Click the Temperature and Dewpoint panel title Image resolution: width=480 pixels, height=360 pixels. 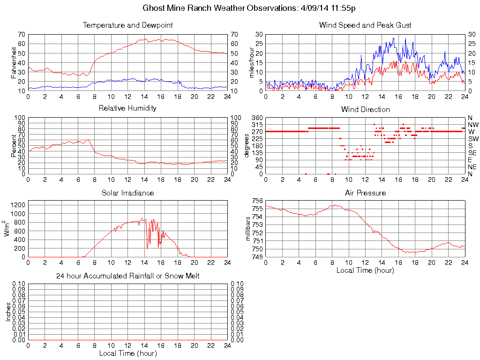pos(127,25)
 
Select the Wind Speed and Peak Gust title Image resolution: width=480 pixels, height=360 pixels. pos(365,25)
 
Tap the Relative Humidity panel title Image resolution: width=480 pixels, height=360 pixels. pos(127,108)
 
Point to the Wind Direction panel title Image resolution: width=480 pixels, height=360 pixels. pos(365,109)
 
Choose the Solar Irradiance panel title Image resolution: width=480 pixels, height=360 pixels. pos(127,193)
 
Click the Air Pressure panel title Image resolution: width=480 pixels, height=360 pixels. pos(365,193)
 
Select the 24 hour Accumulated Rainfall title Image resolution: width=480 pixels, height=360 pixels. pos(127,276)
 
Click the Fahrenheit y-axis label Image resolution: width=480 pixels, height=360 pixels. pos(14,62)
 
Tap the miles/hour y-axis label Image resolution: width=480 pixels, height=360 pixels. pos(251,62)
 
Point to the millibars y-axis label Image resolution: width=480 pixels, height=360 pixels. pos(249,229)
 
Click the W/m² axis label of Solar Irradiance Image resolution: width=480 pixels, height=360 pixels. pos(7,229)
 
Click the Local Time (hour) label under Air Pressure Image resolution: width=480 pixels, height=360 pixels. pos(365,270)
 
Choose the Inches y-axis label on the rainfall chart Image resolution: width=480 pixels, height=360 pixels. pos(7,312)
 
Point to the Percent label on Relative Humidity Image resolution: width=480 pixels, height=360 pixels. pos(14,146)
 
